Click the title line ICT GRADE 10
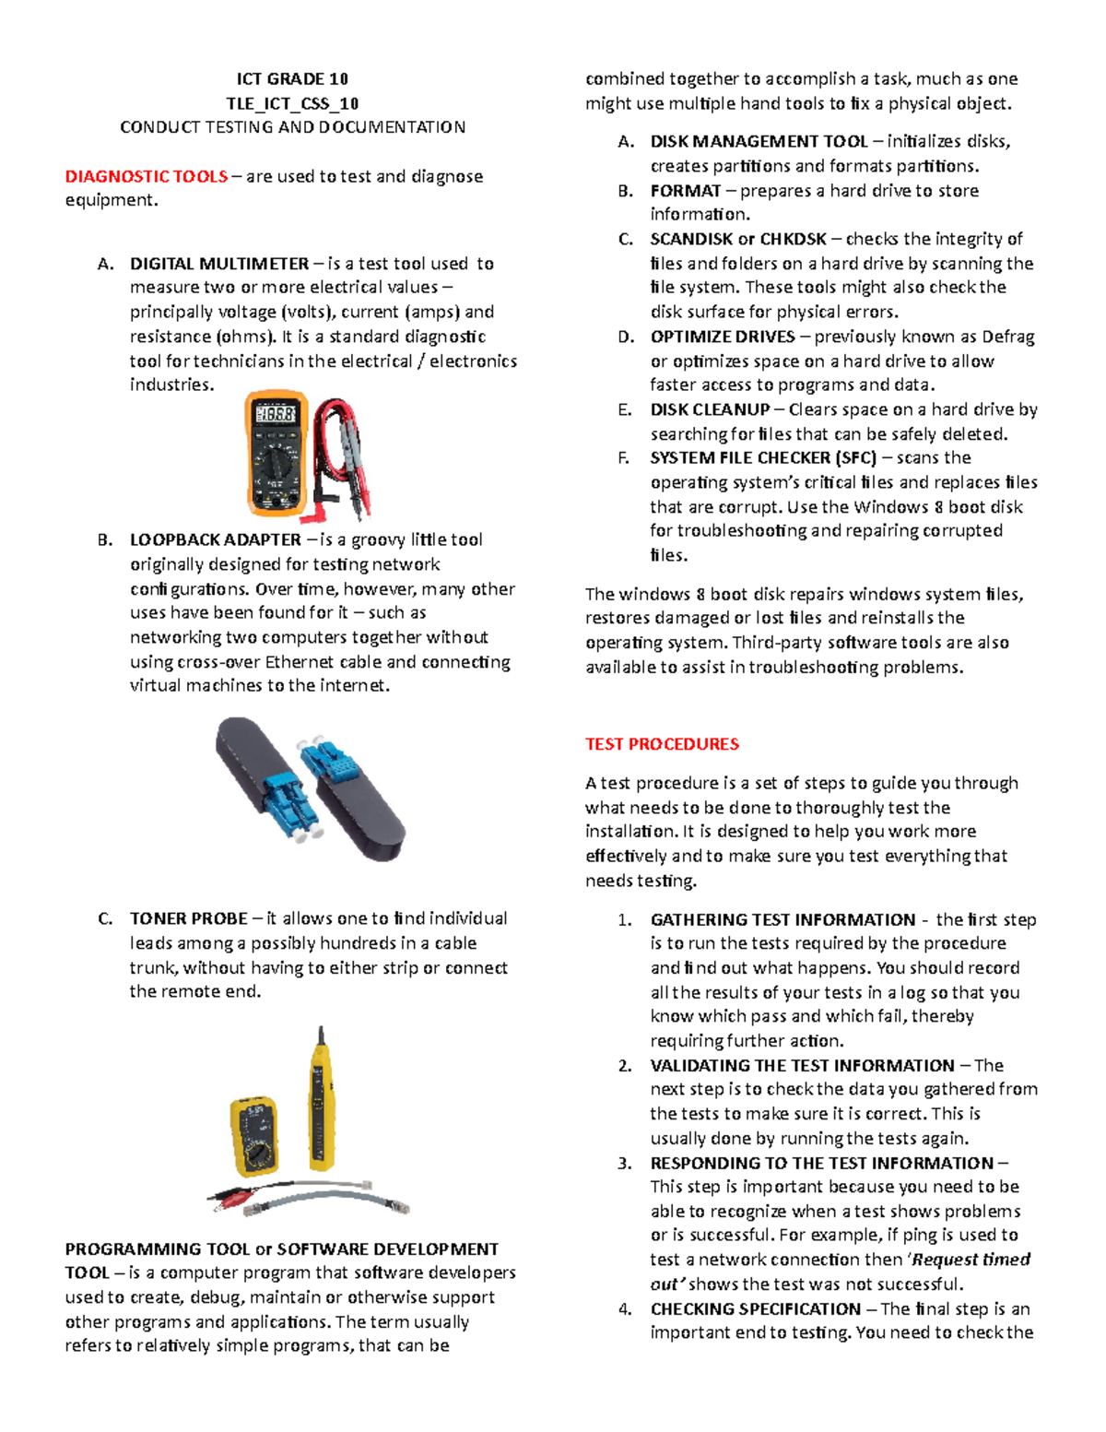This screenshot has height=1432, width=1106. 292,78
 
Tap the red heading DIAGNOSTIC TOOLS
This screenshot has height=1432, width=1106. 147,176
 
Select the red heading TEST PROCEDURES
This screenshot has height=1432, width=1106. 662,744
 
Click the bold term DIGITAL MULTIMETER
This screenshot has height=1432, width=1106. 219,264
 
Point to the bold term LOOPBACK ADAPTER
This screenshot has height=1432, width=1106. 216,539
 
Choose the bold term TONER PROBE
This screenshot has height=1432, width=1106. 189,918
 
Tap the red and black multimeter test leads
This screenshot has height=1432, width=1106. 344,456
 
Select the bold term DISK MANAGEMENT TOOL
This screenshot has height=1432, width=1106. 759,141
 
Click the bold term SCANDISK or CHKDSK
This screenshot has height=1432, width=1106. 738,239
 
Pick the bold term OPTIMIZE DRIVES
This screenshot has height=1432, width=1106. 723,337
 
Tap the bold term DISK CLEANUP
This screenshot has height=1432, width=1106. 710,409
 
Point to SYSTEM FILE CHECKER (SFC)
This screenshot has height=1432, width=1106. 763,458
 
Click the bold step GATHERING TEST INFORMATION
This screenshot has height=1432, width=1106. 782,919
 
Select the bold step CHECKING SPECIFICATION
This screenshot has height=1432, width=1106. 755,1309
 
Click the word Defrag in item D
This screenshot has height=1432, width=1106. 1008,337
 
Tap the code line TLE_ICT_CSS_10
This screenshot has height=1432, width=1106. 292,103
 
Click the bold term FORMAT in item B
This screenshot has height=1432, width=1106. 686,191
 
